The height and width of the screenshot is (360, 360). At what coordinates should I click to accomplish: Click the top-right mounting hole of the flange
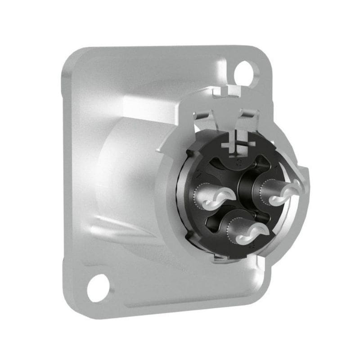click(245, 71)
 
